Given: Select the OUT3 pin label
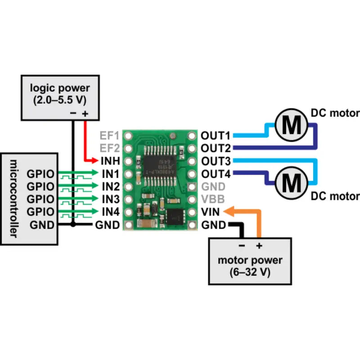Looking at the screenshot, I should [216, 161].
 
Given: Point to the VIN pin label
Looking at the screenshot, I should [210, 211].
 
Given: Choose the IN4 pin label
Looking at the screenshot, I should [110, 211].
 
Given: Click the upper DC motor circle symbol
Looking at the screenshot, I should [292, 125].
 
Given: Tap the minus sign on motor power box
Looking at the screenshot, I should [242, 246].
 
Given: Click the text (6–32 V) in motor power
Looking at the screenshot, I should [250, 272].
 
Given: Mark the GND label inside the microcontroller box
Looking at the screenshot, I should [43, 225].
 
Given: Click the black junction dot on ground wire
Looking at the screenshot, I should [73, 225].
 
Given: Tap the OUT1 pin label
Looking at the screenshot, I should [216, 135].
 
